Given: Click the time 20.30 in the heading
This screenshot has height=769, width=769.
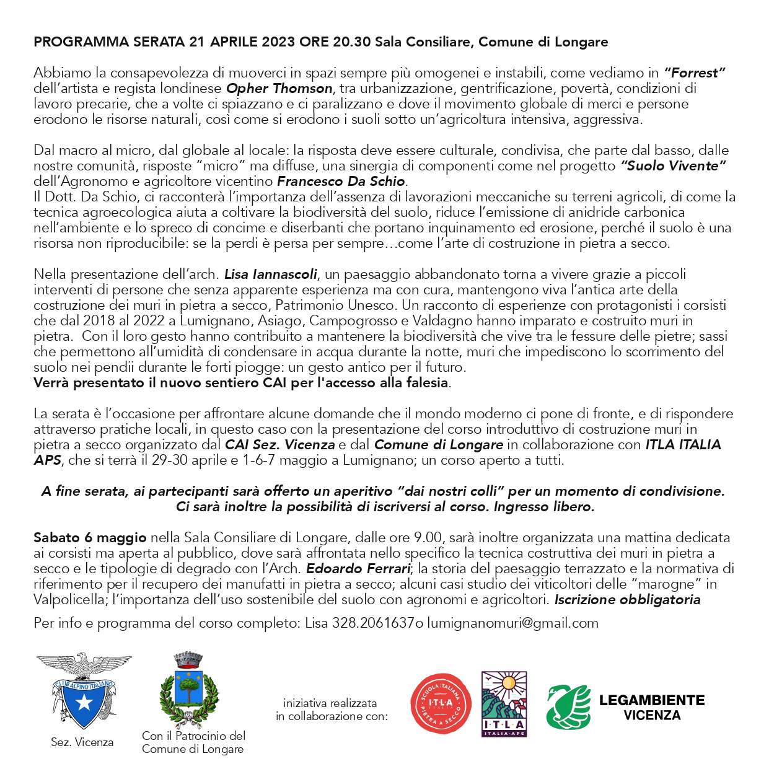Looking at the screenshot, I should tap(351, 42).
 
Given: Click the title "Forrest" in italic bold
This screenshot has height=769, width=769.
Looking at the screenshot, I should tap(695, 73).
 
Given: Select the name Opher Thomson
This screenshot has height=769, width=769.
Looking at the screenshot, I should tap(279, 89).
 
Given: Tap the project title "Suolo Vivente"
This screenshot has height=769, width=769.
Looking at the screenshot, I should tap(674, 166).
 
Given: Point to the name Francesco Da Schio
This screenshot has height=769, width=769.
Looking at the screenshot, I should tap(341, 182).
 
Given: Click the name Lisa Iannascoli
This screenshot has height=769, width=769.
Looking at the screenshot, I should tap(271, 275).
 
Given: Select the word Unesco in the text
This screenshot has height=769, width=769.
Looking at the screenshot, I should tap(374, 305).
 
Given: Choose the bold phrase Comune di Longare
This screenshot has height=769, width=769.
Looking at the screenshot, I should tap(439, 445).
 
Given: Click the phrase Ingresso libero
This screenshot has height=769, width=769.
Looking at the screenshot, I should tap(544, 507).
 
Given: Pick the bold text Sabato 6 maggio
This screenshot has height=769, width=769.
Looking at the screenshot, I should tap(90, 538).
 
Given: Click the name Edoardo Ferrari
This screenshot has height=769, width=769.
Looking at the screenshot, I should tap(359, 569).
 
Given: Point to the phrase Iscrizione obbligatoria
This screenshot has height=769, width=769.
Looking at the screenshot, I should tap(627, 600).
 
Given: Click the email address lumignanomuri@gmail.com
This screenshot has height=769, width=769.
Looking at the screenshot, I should tap(512, 623).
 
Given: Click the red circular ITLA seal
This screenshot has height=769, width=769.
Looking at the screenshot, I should tap(441, 703).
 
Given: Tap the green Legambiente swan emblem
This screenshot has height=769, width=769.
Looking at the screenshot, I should tap(568, 706).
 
